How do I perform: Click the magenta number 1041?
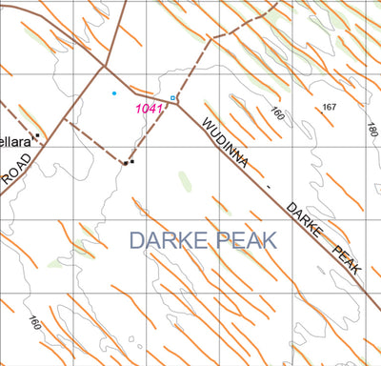click(x=150, y=109)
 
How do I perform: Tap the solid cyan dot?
click(x=114, y=93)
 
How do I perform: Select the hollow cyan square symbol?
click(x=172, y=98)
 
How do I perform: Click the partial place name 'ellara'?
click(x=14, y=140)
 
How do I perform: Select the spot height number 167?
click(x=330, y=106)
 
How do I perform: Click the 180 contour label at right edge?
click(x=371, y=127)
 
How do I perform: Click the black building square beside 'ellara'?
click(x=36, y=136)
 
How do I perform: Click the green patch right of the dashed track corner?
click(x=185, y=180)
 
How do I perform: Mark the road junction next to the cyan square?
click(x=177, y=98)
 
